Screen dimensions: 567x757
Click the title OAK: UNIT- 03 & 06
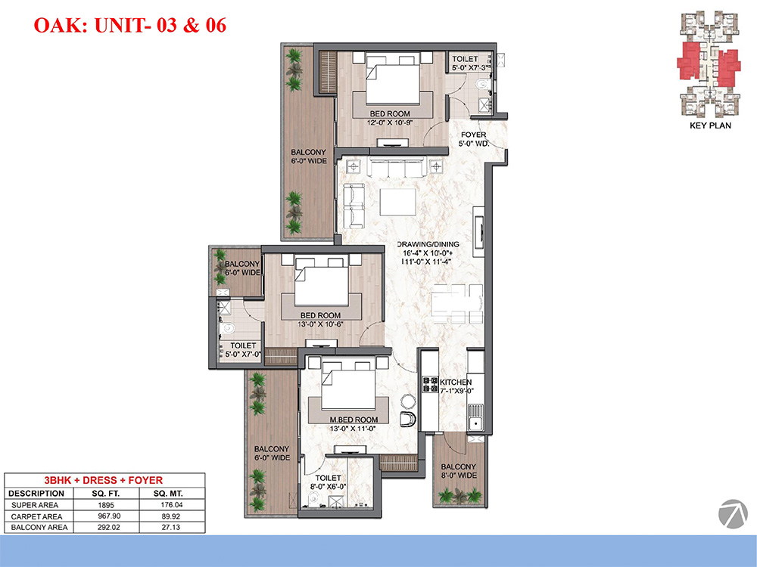(x=130, y=25)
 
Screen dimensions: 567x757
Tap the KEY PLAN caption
(x=710, y=125)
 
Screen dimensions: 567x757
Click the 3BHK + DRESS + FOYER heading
(x=105, y=480)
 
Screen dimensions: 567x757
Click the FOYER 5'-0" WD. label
(x=474, y=140)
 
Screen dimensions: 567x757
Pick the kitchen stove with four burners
(x=431, y=384)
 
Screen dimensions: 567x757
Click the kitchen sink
(x=476, y=417)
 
